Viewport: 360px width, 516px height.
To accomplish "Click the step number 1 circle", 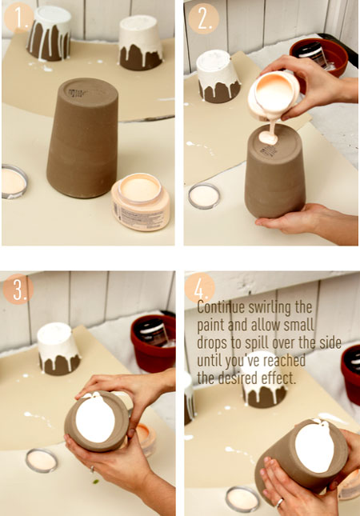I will (x=17, y=17).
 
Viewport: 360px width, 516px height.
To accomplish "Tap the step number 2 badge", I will (x=202, y=17).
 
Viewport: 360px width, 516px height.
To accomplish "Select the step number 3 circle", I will (x=17, y=290).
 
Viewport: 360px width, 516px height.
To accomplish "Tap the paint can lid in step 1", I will (x=15, y=181).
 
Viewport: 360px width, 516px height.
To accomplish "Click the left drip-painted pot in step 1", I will (x=49, y=34).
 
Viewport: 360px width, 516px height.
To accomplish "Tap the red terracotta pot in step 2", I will (x=319, y=58).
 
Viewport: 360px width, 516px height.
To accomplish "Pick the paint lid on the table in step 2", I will (x=204, y=196).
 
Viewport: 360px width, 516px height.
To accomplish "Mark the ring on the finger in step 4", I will (x=280, y=503).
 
